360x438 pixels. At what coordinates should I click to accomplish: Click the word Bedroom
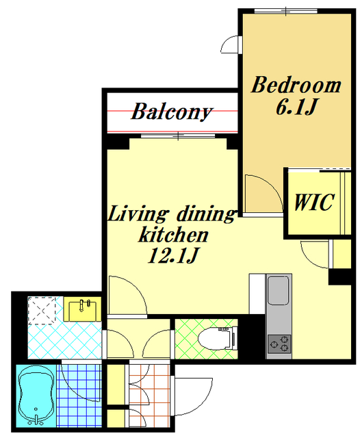click(296, 85)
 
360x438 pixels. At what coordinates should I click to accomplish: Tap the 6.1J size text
click(296, 107)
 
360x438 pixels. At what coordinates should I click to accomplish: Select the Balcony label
click(172, 112)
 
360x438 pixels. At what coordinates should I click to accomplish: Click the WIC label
click(314, 202)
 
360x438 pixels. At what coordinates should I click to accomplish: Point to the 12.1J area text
click(173, 255)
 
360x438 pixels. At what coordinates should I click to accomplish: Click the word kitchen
click(173, 235)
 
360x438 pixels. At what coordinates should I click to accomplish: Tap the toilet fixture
click(218, 339)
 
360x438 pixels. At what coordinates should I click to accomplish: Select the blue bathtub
click(36, 396)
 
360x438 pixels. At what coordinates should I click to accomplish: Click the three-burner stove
click(279, 344)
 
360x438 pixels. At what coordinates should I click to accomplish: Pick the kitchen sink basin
click(279, 290)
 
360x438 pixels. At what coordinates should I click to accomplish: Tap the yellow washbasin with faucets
click(82, 309)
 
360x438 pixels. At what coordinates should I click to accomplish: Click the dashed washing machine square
click(42, 310)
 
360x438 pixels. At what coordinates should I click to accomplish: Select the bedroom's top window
click(285, 11)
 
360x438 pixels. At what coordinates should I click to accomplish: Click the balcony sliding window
click(178, 136)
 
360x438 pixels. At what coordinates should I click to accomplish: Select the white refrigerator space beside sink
click(257, 294)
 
